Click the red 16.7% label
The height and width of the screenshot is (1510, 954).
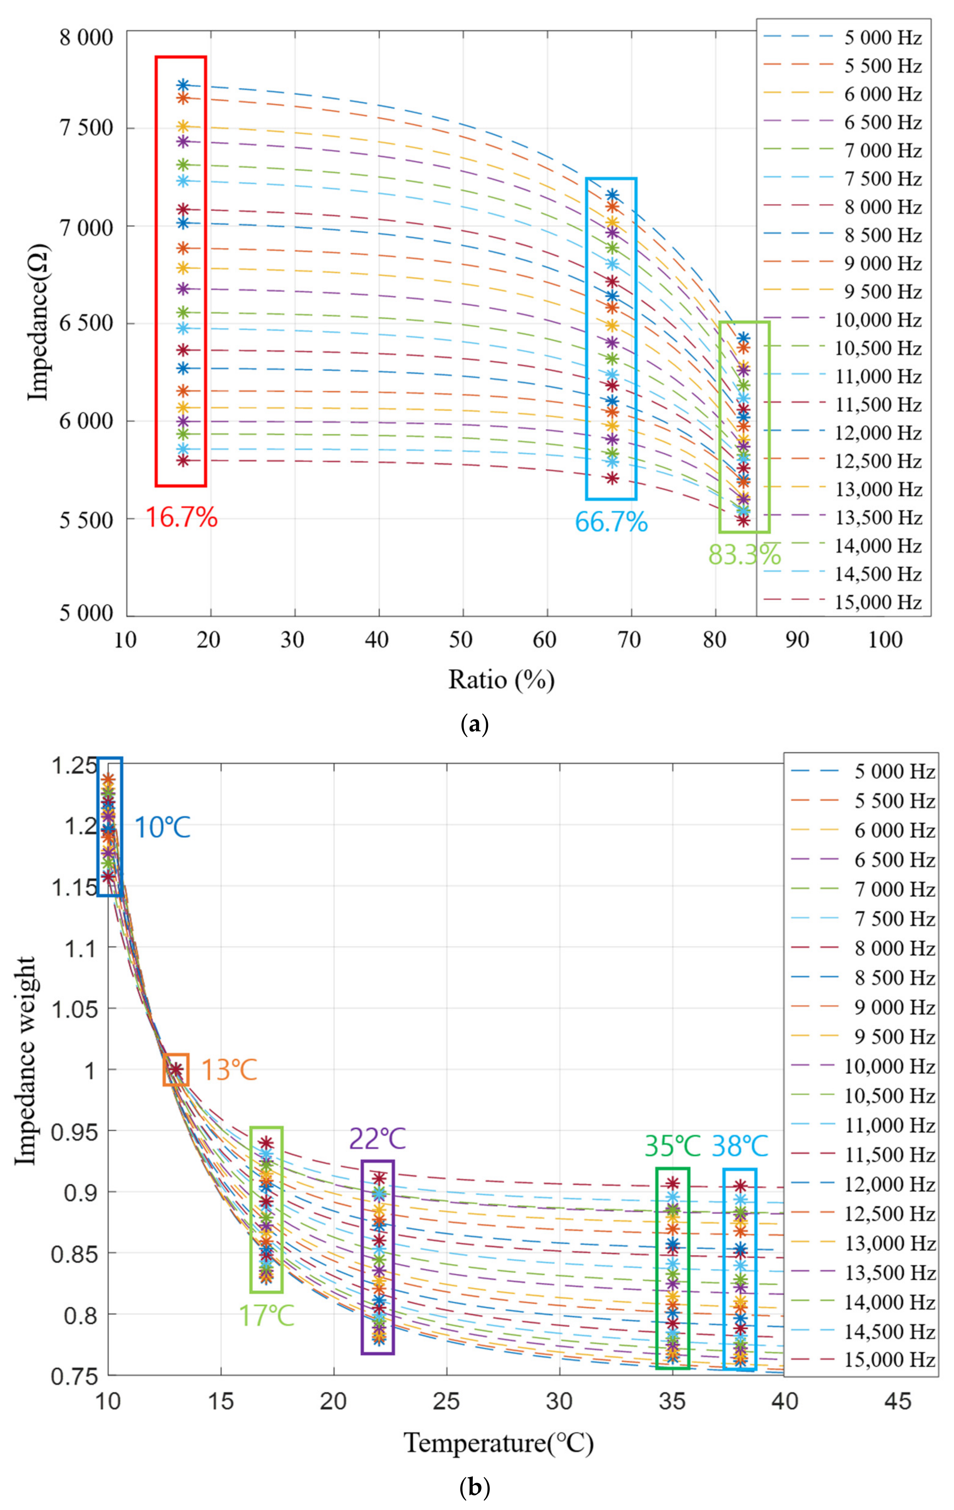tap(182, 518)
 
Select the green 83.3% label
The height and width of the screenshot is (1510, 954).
tap(744, 554)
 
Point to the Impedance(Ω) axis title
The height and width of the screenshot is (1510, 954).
tap(39, 322)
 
